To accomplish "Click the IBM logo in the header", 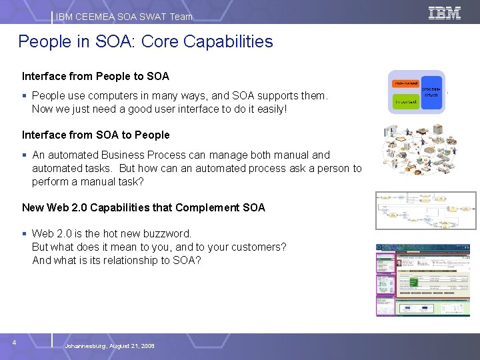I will tap(445, 13).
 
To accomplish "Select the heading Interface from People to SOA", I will tap(95, 76).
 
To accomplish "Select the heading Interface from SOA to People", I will tap(95, 135).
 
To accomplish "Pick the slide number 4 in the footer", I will tap(14, 342).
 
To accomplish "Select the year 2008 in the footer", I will tap(147, 346).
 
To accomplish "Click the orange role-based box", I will tap(406, 83).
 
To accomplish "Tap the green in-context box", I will tap(405, 102).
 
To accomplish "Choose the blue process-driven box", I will tap(431, 92).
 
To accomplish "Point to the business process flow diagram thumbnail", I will tap(426, 210).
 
